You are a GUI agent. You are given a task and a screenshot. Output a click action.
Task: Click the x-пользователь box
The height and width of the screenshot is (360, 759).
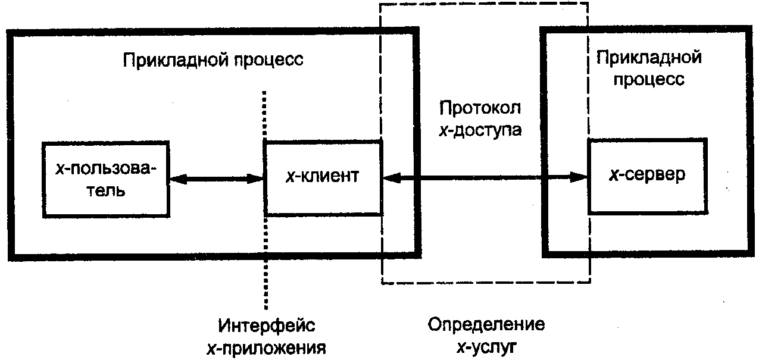(x=106, y=179)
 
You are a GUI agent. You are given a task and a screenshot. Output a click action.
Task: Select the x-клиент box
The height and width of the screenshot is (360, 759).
(x=323, y=177)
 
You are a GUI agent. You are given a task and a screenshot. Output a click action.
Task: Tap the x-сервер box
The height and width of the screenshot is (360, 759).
(x=648, y=176)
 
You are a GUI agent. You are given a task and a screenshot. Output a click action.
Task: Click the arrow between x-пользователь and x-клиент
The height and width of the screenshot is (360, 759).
(x=217, y=179)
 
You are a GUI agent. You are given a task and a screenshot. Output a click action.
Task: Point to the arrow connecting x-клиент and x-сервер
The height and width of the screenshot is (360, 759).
(x=485, y=177)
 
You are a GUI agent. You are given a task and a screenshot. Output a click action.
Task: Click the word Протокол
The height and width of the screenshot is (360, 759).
(x=480, y=108)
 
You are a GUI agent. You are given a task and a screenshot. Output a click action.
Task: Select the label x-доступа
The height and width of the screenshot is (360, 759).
(x=480, y=130)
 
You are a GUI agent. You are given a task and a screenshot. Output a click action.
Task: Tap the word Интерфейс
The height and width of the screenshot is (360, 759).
(x=266, y=325)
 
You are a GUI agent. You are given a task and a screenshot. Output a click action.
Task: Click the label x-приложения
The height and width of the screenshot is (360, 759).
(x=266, y=349)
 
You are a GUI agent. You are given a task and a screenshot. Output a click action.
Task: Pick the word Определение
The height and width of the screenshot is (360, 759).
(x=486, y=324)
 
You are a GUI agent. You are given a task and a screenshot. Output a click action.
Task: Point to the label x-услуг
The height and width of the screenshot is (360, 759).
(x=486, y=347)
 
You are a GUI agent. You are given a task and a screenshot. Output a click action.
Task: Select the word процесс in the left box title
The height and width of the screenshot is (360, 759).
(x=264, y=61)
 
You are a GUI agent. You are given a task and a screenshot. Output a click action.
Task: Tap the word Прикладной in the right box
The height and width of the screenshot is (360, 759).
(x=649, y=57)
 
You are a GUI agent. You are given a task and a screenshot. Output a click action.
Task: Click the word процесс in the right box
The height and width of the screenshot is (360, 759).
(x=649, y=80)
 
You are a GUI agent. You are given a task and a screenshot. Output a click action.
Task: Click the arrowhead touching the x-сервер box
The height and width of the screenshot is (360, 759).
(x=579, y=177)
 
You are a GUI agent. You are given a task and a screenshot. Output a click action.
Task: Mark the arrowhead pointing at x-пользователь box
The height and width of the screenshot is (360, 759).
(x=178, y=179)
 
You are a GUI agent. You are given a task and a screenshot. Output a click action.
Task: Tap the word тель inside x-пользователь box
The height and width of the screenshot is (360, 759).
(x=106, y=191)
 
